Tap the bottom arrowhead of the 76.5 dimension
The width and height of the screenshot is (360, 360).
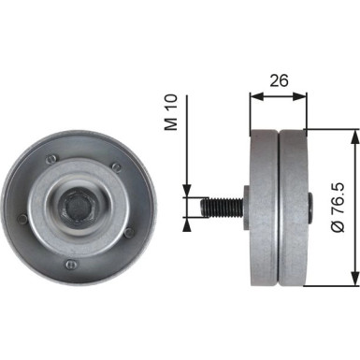(353, 278)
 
